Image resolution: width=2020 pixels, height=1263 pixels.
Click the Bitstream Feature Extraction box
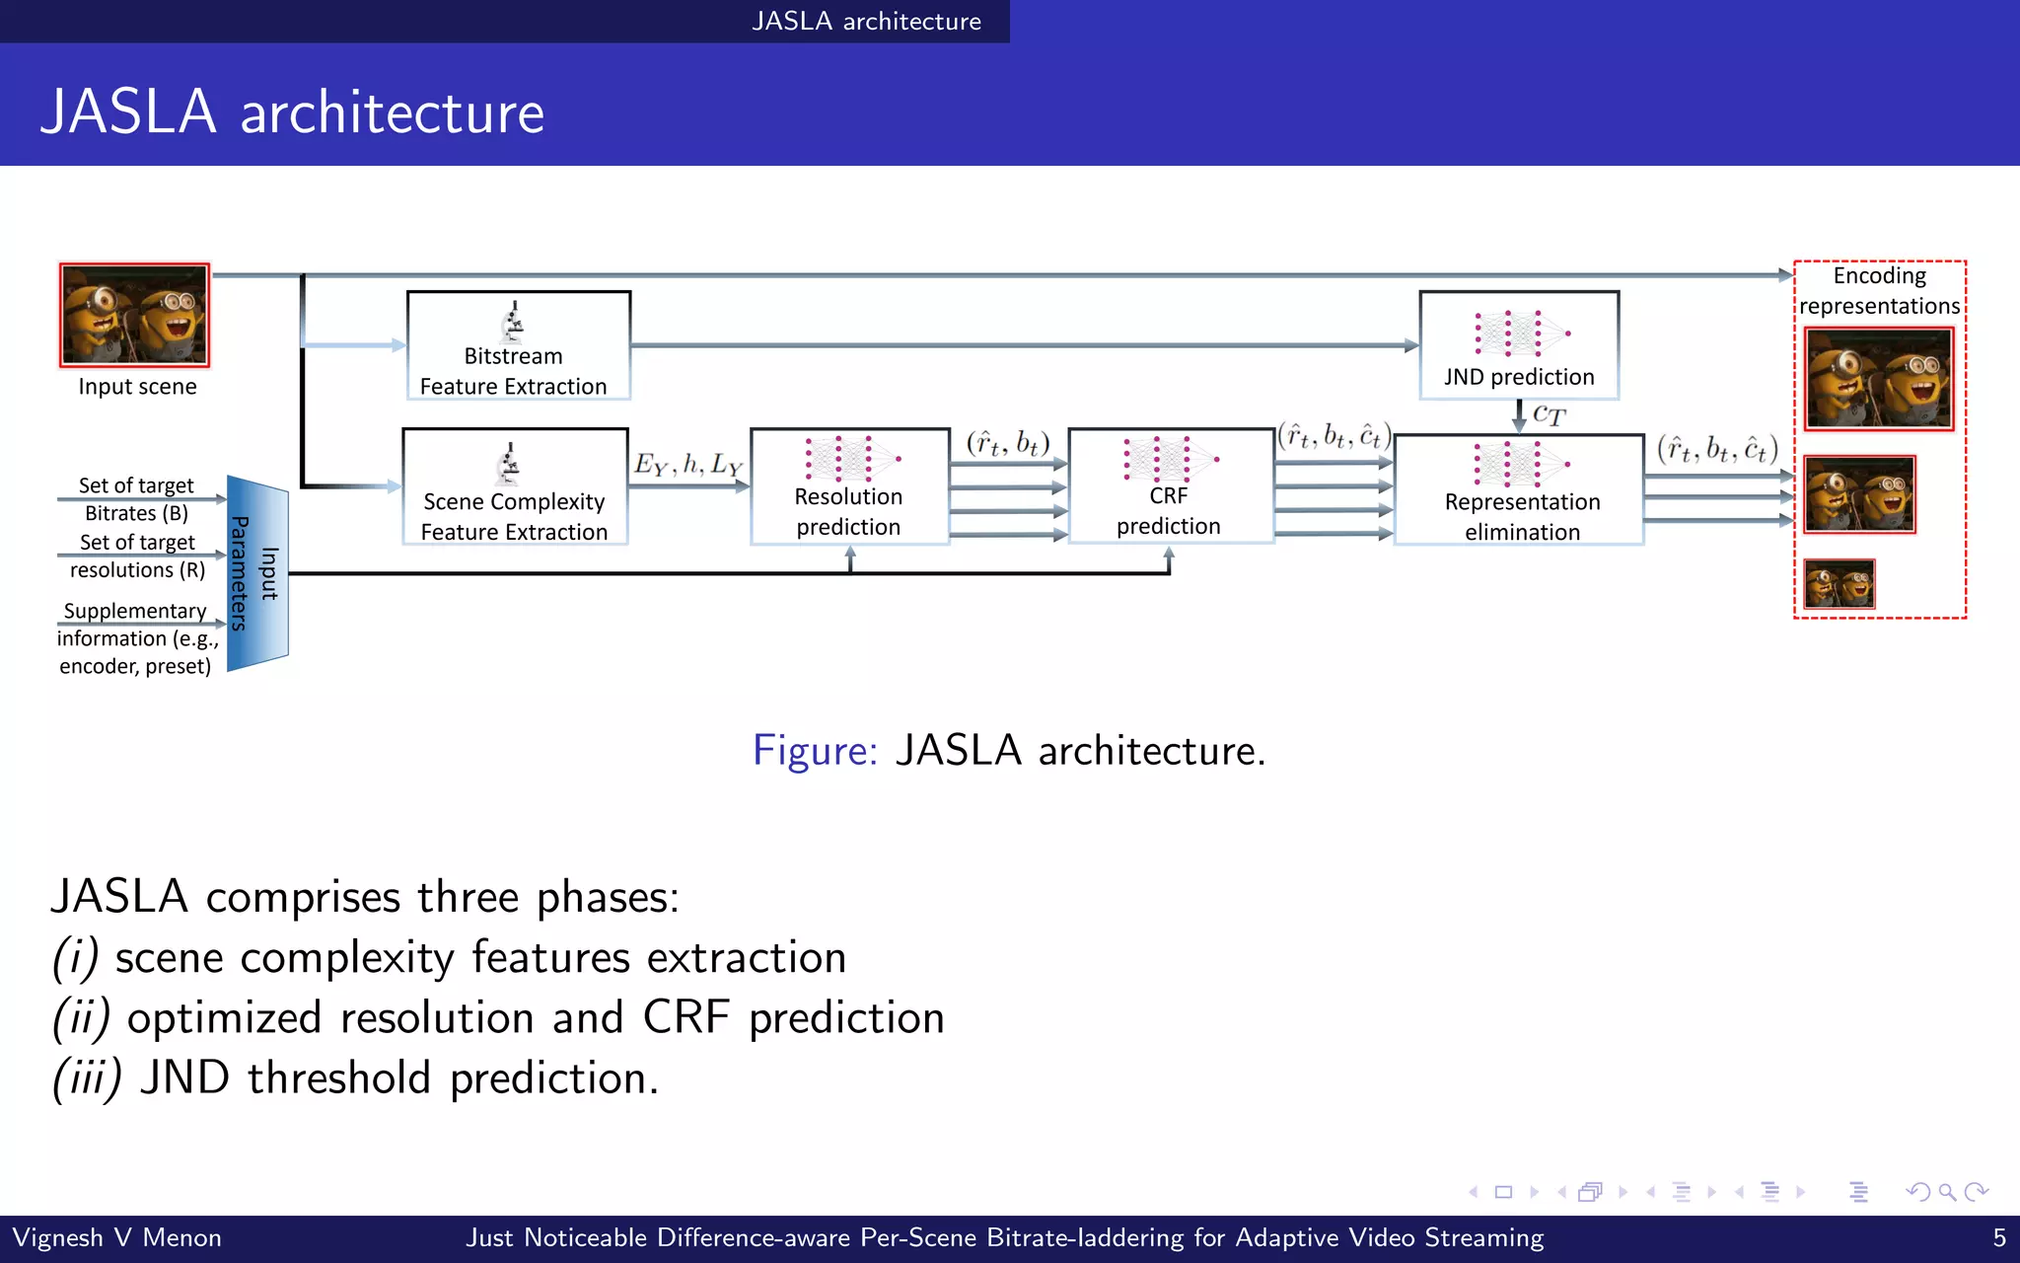518,345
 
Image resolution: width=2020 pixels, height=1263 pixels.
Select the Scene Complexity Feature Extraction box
515,486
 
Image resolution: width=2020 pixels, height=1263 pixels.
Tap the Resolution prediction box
848,486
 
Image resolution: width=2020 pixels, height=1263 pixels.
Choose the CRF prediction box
1170,485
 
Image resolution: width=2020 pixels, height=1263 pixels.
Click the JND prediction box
1519,345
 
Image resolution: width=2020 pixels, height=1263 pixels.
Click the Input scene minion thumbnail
135,315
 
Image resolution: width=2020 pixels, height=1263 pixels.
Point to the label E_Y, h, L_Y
687,464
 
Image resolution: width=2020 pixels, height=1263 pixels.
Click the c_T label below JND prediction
1549,414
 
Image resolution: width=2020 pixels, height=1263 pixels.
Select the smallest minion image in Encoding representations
1839,584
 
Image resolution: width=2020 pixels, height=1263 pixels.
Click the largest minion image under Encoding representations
1878,379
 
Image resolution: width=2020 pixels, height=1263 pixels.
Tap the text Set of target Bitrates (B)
136,499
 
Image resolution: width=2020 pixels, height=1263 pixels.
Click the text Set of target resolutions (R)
137,557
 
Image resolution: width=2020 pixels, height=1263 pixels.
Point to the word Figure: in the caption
815,751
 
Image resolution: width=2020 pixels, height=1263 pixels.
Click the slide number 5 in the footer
1999,1237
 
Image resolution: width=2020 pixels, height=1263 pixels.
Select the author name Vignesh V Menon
116,1237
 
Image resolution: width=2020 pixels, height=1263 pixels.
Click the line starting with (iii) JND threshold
355,1077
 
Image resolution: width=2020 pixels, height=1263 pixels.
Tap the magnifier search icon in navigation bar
1947,1192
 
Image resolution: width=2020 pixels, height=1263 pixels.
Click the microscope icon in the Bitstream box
512,322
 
